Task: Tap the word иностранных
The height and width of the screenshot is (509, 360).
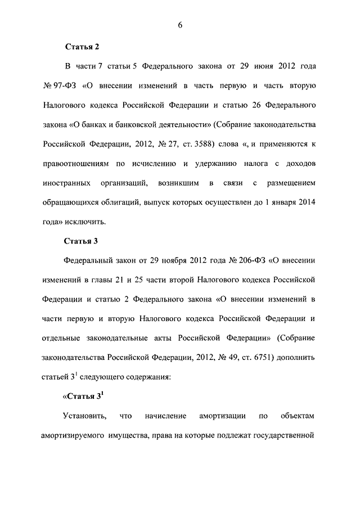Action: [x=65, y=183]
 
